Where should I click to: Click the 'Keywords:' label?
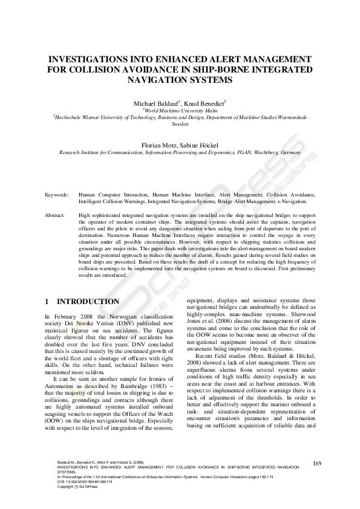point(57,195)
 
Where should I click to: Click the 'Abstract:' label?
point(56,215)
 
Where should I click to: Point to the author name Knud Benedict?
point(204,105)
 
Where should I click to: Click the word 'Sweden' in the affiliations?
point(180,123)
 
